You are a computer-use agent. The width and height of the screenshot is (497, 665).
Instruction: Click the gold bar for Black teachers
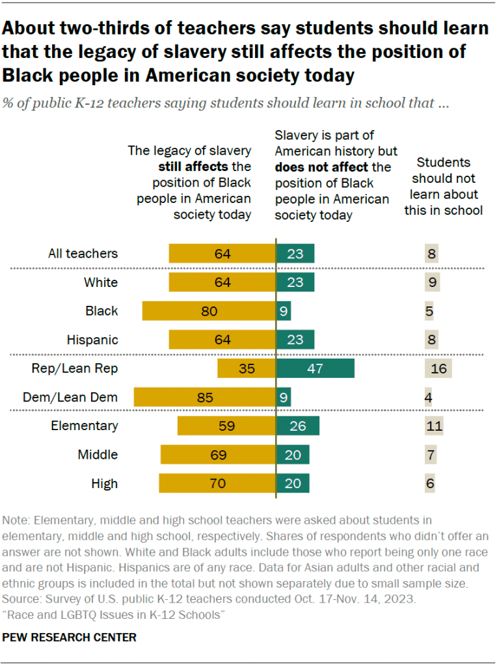point(209,311)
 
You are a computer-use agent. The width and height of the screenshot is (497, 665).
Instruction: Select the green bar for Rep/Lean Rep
point(316,368)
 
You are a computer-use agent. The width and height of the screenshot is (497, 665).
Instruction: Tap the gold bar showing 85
point(205,397)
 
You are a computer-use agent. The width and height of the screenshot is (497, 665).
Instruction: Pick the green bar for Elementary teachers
point(298,426)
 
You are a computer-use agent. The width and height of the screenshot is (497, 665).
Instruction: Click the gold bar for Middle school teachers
point(218,455)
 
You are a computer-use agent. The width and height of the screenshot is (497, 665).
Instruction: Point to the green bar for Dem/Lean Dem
point(284,397)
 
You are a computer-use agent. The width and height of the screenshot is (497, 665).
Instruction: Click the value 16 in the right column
point(438,368)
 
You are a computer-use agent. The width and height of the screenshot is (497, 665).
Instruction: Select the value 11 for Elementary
point(435,426)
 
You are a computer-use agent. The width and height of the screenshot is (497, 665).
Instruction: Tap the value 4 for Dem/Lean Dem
point(429,397)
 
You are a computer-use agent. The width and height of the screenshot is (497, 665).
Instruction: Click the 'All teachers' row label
point(83,254)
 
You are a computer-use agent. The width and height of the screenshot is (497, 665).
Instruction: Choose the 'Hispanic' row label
point(92,340)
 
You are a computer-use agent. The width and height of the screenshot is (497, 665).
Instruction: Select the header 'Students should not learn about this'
point(447,186)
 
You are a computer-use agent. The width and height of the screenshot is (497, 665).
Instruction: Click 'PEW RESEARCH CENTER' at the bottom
point(70,638)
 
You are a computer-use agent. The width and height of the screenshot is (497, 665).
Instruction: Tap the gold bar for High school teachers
point(217,483)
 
